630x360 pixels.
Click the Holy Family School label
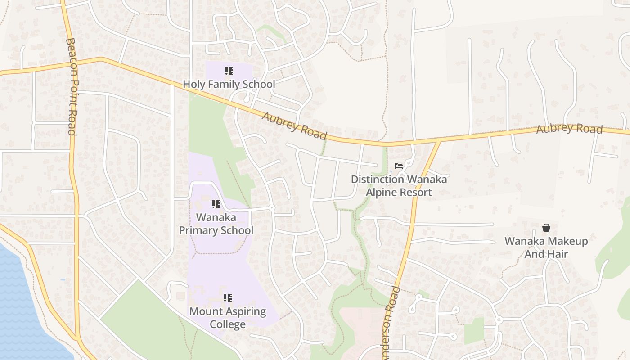(x=229, y=84)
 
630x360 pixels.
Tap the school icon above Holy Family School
(x=229, y=71)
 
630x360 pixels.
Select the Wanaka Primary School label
(x=216, y=224)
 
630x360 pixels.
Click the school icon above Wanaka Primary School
(x=216, y=204)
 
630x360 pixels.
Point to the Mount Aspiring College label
(x=228, y=318)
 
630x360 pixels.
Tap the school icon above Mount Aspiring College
(x=228, y=298)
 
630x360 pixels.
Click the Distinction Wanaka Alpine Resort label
(x=399, y=186)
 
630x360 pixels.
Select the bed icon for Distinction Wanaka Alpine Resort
(x=399, y=166)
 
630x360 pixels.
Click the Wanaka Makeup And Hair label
(x=546, y=247)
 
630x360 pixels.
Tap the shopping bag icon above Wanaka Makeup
(x=546, y=228)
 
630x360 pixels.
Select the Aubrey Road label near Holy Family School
(x=294, y=126)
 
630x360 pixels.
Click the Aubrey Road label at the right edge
(x=569, y=129)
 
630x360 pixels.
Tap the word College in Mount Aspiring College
(x=228, y=324)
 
